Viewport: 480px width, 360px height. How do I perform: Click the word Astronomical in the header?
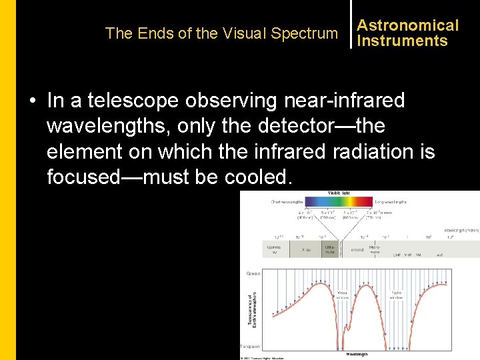(x=407, y=25)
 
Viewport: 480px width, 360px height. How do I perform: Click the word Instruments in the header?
(x=402, y=41)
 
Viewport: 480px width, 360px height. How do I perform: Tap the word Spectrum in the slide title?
(x=305, y=33)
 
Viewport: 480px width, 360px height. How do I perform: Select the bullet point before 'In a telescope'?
(x=33, y=101)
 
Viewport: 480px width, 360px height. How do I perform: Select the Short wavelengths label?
(x=287, y=201)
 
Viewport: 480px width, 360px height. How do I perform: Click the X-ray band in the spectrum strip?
(x=307, y=249)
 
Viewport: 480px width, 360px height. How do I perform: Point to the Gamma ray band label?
(x=274, y=249)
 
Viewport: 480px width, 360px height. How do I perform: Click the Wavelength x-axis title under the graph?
(x=357, y=354)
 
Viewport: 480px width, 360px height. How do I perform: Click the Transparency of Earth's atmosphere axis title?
(x=253, y=310)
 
